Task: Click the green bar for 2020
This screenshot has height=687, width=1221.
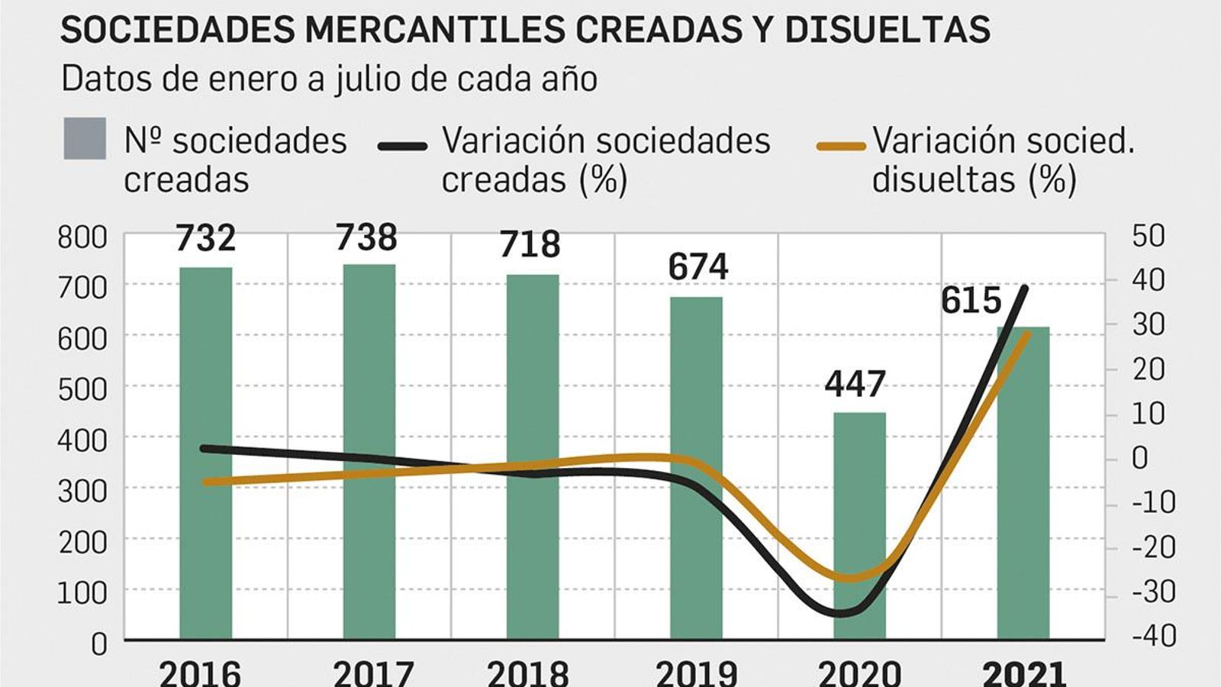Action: coord(859,527)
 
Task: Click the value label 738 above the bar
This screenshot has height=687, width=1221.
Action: coord(366,238)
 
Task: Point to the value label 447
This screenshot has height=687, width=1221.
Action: coord(855,384)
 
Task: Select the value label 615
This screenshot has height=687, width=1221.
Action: coord(970,301)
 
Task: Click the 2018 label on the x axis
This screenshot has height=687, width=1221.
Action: coord(528,674)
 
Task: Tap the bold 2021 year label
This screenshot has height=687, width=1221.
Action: coord(1023,674)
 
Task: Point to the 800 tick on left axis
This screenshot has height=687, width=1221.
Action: coord(82,237)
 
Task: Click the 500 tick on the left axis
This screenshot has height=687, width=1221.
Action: coord(82,389)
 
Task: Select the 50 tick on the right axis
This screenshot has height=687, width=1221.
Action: coord(1148,236)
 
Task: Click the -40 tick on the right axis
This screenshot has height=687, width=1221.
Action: coord(1154,635)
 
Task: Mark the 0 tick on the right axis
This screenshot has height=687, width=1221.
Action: coord(1139,458)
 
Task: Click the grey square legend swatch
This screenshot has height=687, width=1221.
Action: coord(85,139)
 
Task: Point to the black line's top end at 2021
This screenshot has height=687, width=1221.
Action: coord(1025,288)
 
